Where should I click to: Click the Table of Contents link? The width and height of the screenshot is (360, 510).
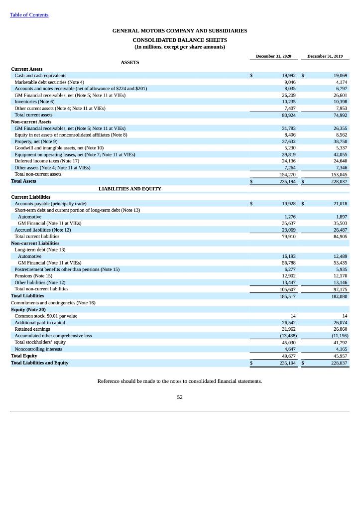point(29,15)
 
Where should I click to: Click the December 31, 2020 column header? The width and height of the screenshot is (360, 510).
point(273,56)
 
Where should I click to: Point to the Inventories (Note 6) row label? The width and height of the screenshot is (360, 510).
point(34,102)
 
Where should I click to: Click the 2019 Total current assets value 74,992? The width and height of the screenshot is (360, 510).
point(341,115)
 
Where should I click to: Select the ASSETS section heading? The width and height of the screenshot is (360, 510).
point(130,62)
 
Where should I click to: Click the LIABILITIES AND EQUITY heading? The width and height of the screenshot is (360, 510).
point(130,189)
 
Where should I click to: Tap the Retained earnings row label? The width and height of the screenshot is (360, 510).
point(32,329)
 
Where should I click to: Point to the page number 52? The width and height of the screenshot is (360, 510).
point(180,397)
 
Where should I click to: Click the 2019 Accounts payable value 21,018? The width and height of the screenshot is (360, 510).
point(341,204)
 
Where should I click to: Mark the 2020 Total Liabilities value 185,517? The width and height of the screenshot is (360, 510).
point(288,296)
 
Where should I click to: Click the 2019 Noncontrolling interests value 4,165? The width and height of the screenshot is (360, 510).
point(341,349)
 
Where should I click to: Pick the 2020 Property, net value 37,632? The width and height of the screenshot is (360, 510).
point(289,141)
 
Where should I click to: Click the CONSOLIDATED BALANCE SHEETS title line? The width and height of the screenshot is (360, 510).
point(180,40)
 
